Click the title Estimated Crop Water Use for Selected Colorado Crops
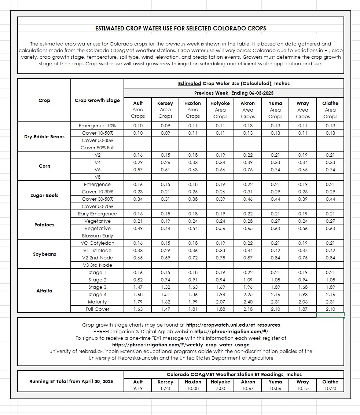click(180, 28)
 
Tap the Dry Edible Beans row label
click(44, 137)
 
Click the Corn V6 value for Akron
click(248, 170)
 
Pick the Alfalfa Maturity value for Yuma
click(275, 302)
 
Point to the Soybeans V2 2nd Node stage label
click(97, 258)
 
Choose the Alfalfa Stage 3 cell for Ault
click(138, 287)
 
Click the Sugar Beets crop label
click(44, 196)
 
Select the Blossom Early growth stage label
click(97, 236)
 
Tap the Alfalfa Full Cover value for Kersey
click(165, 309)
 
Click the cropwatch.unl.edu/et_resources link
click(233, 325)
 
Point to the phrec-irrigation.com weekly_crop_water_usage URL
click(181, 345)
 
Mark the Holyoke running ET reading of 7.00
click(220, 389)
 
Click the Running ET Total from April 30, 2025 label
click(71, 382)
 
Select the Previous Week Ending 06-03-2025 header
click(234, 93)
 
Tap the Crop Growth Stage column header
click(97, 101)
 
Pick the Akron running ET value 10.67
click(248, 389)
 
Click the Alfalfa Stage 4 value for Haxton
click(193, 295)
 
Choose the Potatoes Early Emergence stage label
click(97, 214)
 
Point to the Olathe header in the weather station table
click(330, 382)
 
